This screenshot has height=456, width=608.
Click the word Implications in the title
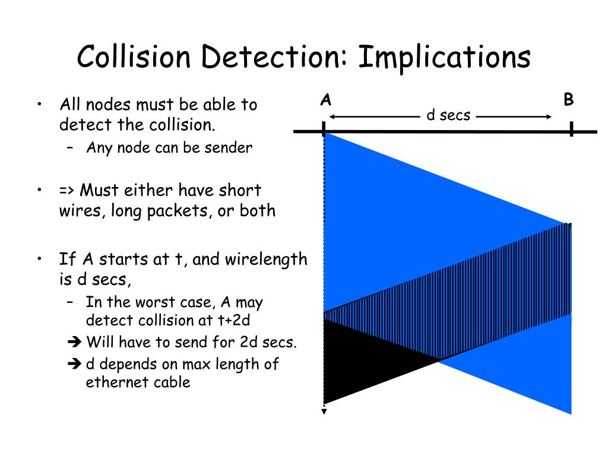444,58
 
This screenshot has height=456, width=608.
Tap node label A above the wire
325,100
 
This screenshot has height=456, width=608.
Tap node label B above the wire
569,100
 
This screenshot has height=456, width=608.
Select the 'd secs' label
448,115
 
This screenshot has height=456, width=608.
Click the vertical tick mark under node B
571,129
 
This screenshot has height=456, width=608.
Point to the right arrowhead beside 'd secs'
549,117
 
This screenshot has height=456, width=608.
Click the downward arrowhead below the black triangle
324,410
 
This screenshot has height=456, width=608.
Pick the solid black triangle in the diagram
356,362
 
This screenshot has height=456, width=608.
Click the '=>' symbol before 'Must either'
66,191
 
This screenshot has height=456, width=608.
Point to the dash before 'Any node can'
71,147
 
